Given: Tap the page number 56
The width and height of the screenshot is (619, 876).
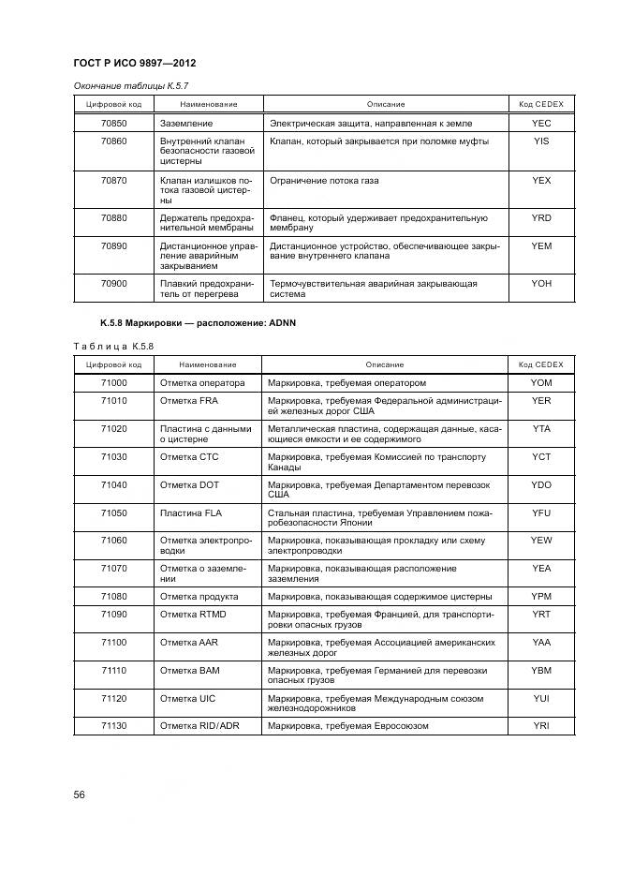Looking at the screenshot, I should (x=80, y=794).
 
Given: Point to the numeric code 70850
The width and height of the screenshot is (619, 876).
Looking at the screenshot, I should (x=113, y=124).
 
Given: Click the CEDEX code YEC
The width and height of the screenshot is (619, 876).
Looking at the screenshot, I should (x=540, y=124).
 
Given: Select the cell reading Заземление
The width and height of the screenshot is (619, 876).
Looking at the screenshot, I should (x=186, y=124).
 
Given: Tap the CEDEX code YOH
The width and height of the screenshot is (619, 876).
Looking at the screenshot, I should (x=540, y=283).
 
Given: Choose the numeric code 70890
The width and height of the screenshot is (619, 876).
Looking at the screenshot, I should (x=113, y=246).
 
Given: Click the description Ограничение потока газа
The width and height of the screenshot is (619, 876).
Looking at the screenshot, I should (x=323, y=180).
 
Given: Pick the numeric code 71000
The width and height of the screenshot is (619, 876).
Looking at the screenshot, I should (x=113, y=383).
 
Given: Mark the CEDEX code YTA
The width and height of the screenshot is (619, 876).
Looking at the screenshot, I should (x=540, y=428).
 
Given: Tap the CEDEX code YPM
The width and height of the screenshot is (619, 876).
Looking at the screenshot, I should (x=540, y=597).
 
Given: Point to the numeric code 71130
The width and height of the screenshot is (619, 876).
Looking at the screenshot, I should (x=113, y=726).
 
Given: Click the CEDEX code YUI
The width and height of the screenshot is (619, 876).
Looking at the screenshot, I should (x=540, y=698).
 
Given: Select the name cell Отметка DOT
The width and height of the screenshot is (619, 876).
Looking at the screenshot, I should (x=189, y=484).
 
